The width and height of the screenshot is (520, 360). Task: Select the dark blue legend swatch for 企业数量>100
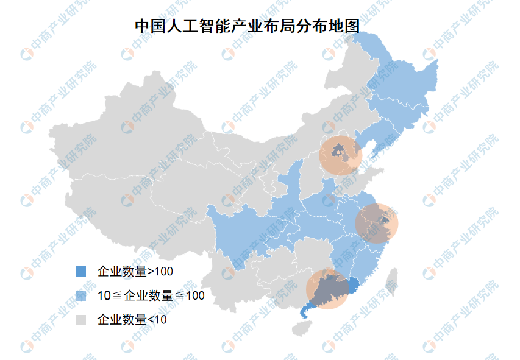[x=79, y=271]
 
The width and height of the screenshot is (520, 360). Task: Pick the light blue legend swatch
[x=79, y=295]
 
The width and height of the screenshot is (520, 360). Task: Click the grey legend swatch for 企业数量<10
[x=79, y=320]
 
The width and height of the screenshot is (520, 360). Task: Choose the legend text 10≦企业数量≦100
[x=151, y=295]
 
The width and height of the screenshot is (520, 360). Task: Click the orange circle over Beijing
[x=341, y=154]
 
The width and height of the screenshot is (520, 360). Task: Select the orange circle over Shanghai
[x=376, y=224]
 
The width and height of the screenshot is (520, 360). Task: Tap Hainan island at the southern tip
[x=301, y=328]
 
